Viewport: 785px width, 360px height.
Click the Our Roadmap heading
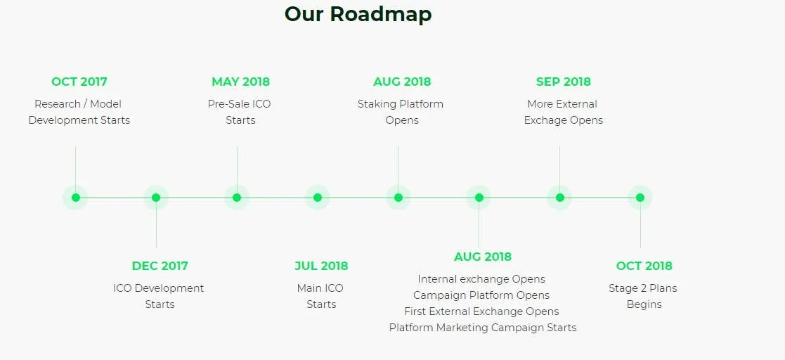[358, 14]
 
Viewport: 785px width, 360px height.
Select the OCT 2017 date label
[79, 82]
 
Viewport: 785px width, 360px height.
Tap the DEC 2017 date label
[160, 266]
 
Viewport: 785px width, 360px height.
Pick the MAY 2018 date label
[240, 82]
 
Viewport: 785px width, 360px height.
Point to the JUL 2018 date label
[321, 266]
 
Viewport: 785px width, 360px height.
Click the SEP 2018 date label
[563, 82]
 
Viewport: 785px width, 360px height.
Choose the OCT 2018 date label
[644, 266]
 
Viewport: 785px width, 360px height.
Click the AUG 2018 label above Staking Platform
[401, 82]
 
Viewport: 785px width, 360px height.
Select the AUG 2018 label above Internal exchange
[483, 257]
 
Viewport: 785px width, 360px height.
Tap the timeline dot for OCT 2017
[76, 198]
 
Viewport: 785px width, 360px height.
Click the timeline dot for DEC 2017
[156, 198]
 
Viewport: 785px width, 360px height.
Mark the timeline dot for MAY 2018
[237, 198]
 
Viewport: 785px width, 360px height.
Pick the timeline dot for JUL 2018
[318, 198]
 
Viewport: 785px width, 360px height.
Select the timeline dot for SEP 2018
[559, 198]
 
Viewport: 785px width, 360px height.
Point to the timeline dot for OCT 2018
[640, 198]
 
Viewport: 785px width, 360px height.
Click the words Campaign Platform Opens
[481, 295]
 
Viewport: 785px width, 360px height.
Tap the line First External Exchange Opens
[481, 311]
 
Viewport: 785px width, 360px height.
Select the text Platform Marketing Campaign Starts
[483, 328]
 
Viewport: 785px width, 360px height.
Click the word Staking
[375, 105]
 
